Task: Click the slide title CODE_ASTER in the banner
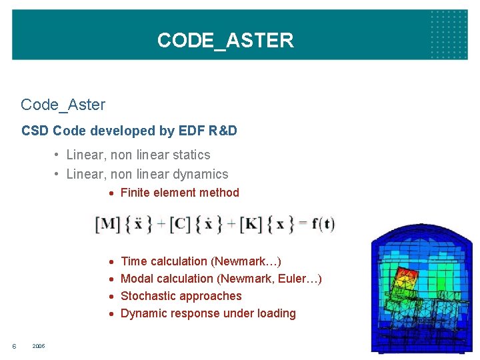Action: point(225,41)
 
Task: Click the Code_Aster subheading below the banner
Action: point(63,105)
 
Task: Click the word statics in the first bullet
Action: point(191,155)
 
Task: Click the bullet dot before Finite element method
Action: point(113,193)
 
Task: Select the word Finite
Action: point(135,193)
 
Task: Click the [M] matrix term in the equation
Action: point(108,224)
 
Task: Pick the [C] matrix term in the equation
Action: point(180,224)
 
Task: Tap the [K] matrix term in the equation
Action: point(251,224)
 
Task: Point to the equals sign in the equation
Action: point(303,224)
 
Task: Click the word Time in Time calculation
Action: point(133,261)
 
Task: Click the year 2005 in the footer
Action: point(39,347)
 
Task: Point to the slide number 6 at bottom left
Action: point(15,347)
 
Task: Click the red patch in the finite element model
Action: point(405,275)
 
